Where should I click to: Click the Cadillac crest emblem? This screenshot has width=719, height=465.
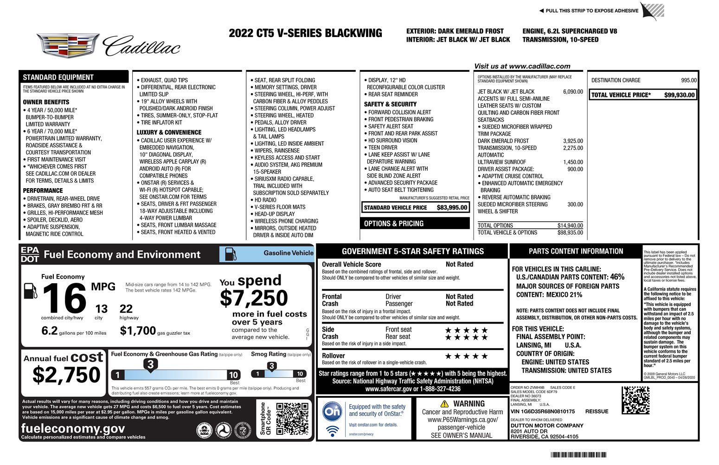point(68,45)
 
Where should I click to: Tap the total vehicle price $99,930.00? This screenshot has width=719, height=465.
point(679,95)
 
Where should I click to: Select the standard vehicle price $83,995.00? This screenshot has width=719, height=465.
point(452,208)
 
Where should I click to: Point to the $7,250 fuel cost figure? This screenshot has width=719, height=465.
point(254,298)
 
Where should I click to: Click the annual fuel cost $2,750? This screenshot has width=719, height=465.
point(66,375)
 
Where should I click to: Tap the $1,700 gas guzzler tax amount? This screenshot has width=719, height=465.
point(138,331)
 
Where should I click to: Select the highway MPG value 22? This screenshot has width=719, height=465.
point(126,309)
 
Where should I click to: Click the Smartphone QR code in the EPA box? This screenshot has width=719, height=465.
point(292,419)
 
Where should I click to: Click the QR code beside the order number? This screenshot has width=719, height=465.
point(635,400)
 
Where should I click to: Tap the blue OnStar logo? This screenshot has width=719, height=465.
point(332,411)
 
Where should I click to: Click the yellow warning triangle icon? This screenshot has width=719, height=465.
point(444,404)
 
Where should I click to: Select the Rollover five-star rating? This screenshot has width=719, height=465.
point(466,356)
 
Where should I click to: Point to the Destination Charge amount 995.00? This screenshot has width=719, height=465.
point(688,80)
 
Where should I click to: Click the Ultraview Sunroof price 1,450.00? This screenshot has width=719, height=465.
point(573,162)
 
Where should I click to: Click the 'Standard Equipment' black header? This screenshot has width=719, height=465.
point(73,77)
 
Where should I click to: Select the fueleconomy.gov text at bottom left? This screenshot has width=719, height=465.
point(73,428)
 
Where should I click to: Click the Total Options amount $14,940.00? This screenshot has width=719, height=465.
point(570,226)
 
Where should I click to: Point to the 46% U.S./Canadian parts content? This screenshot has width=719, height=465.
point(617,277)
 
